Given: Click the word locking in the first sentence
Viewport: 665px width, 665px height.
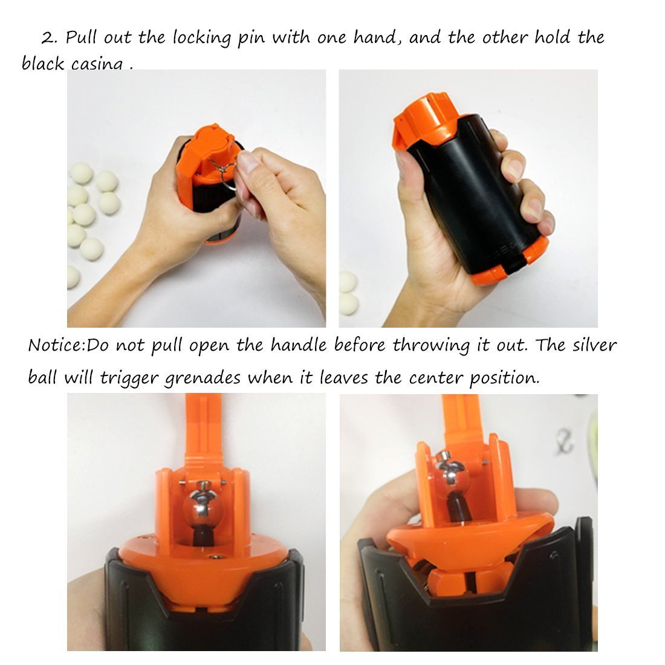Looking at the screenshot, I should pos(201,39).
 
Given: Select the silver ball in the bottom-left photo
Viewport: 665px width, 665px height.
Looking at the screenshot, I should pos(204,506).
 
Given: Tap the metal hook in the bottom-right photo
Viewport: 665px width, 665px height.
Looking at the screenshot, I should pos(565,439).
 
